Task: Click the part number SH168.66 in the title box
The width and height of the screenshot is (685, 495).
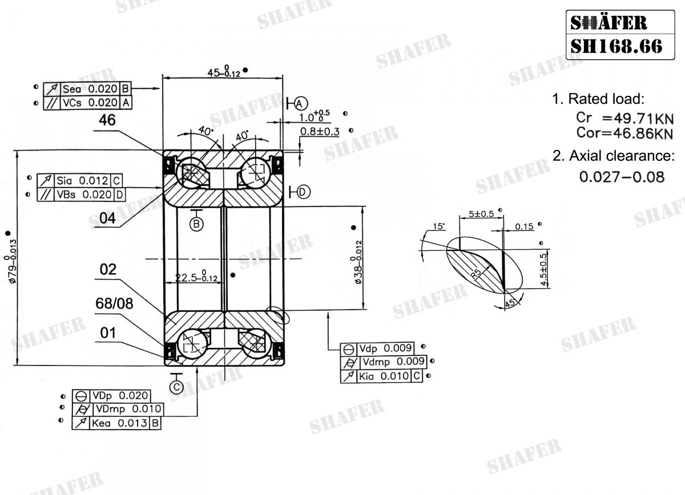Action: (616, 44)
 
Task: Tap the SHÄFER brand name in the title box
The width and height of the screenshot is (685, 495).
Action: (609, 22)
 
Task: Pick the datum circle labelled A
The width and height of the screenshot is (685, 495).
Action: (301, 103)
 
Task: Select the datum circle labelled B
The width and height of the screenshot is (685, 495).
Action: (197, 224)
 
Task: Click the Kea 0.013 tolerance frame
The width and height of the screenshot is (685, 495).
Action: (118, 423)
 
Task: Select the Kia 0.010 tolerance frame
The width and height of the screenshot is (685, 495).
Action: (381, 376)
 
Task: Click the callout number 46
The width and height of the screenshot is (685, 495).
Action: (107, 120)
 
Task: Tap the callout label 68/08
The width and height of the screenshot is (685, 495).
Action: (114, 304)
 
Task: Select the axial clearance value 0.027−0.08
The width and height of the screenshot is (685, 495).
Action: (622, 177)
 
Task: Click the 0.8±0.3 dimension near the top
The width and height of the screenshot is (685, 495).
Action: (320, 132)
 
